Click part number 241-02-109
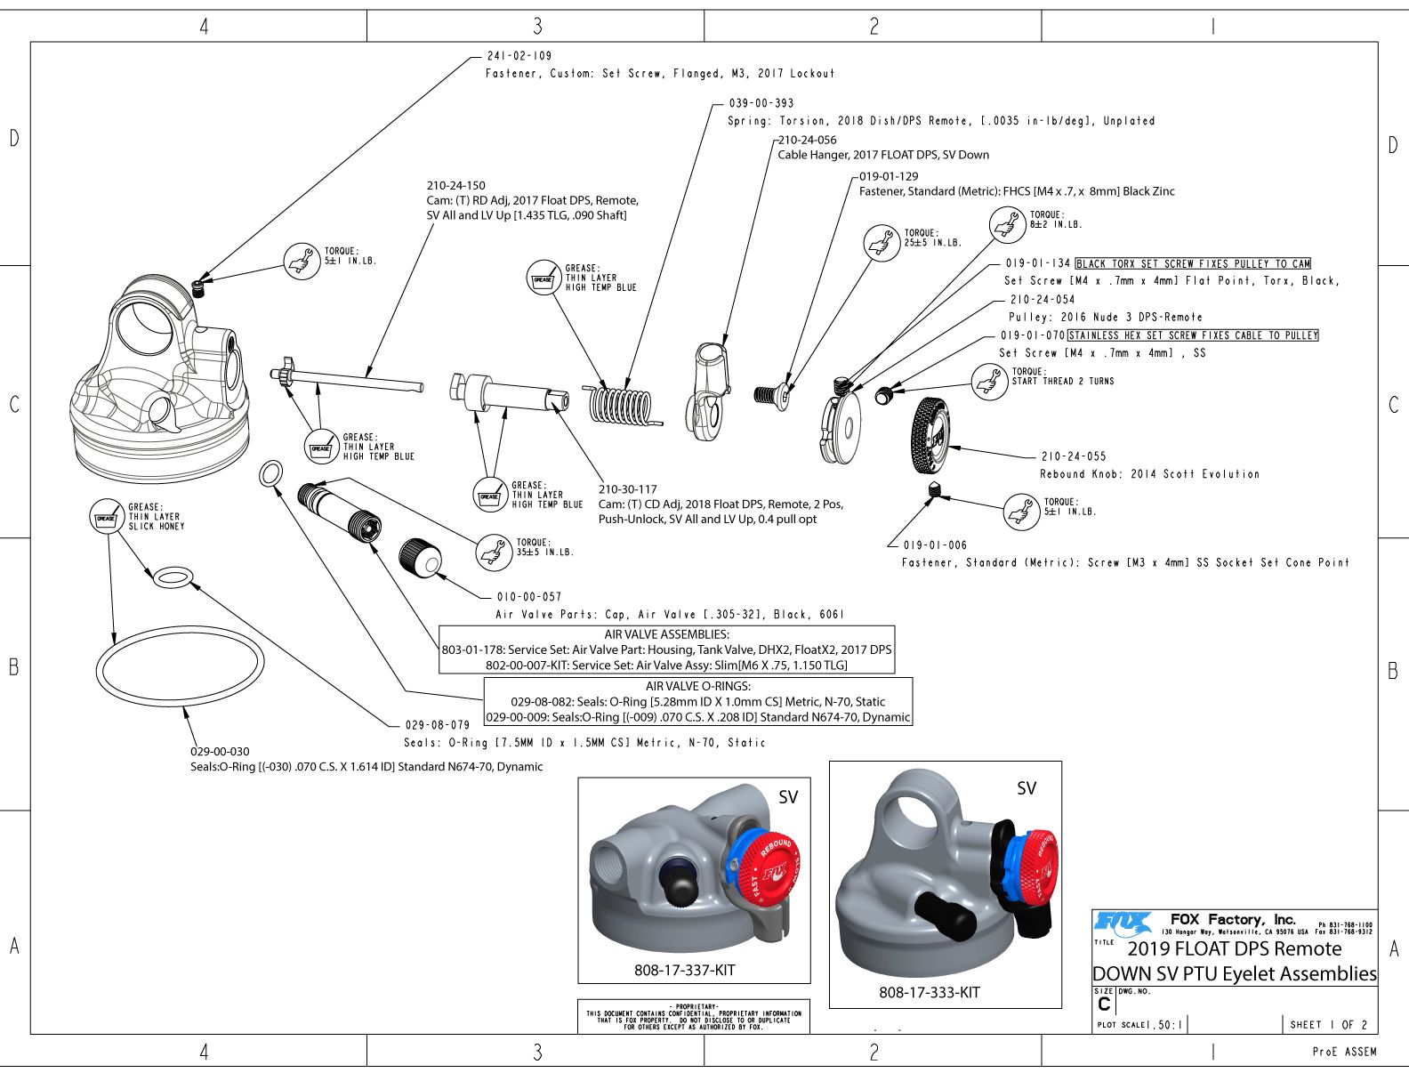[519, 56]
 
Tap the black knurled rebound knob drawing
[930, 436]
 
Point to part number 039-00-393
[761, 103]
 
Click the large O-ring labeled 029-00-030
[180, 665]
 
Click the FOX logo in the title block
[1123, 923]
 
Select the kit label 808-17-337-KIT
[684, 970]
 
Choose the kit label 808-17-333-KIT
[929, 992]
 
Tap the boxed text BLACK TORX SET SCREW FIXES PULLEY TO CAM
[1193, 263]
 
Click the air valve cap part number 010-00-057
[529, 597]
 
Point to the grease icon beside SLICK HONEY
[106, 517]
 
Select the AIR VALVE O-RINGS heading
[697, 686]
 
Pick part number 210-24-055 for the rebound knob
[1074, 456]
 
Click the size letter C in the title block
[1104, 1004]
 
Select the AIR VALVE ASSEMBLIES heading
[666, 634]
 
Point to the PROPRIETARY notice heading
[694, 1006]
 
